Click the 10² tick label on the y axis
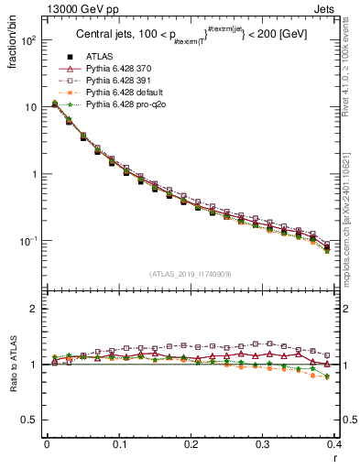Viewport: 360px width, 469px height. (27, 41)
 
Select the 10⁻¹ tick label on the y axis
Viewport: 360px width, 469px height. (27, 241)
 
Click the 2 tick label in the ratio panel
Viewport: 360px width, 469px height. (34, 309)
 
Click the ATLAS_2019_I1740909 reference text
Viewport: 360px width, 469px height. (191, 274)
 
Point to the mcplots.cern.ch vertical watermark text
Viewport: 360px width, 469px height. (351, 220)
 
